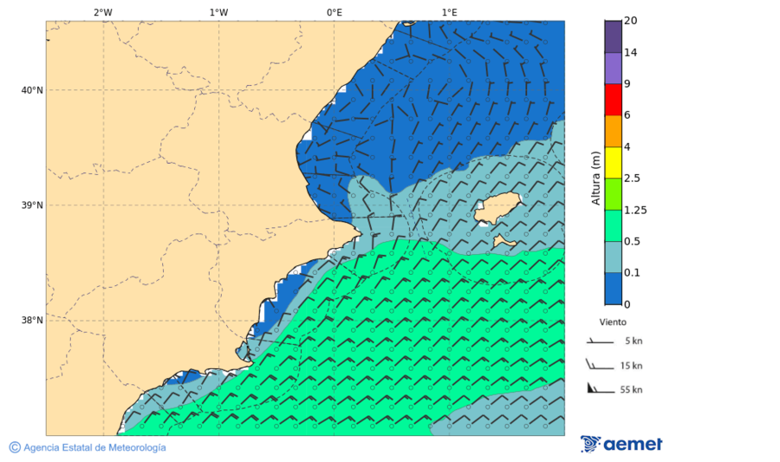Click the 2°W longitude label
coord(102,12)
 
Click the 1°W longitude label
coord(218,12)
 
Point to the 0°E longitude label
coord(334,12)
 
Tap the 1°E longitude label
coord(449,12)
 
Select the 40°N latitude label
coord(32,90)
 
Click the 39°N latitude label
coord(32,205)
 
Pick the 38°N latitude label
coord(32,321)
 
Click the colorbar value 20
coord(631,21)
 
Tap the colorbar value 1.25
coord(636,210)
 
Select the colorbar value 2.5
coord(632,179)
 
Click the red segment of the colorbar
coord(613,100)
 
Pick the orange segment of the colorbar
coord(613,131)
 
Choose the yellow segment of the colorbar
coord(613,162)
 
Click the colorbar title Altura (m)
coord(595,178)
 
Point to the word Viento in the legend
coord(613,321)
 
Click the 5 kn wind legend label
coord(631,342)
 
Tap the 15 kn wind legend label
coord(631,366)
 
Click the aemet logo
coord(621,444)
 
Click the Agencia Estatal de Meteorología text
coord(94,447)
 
